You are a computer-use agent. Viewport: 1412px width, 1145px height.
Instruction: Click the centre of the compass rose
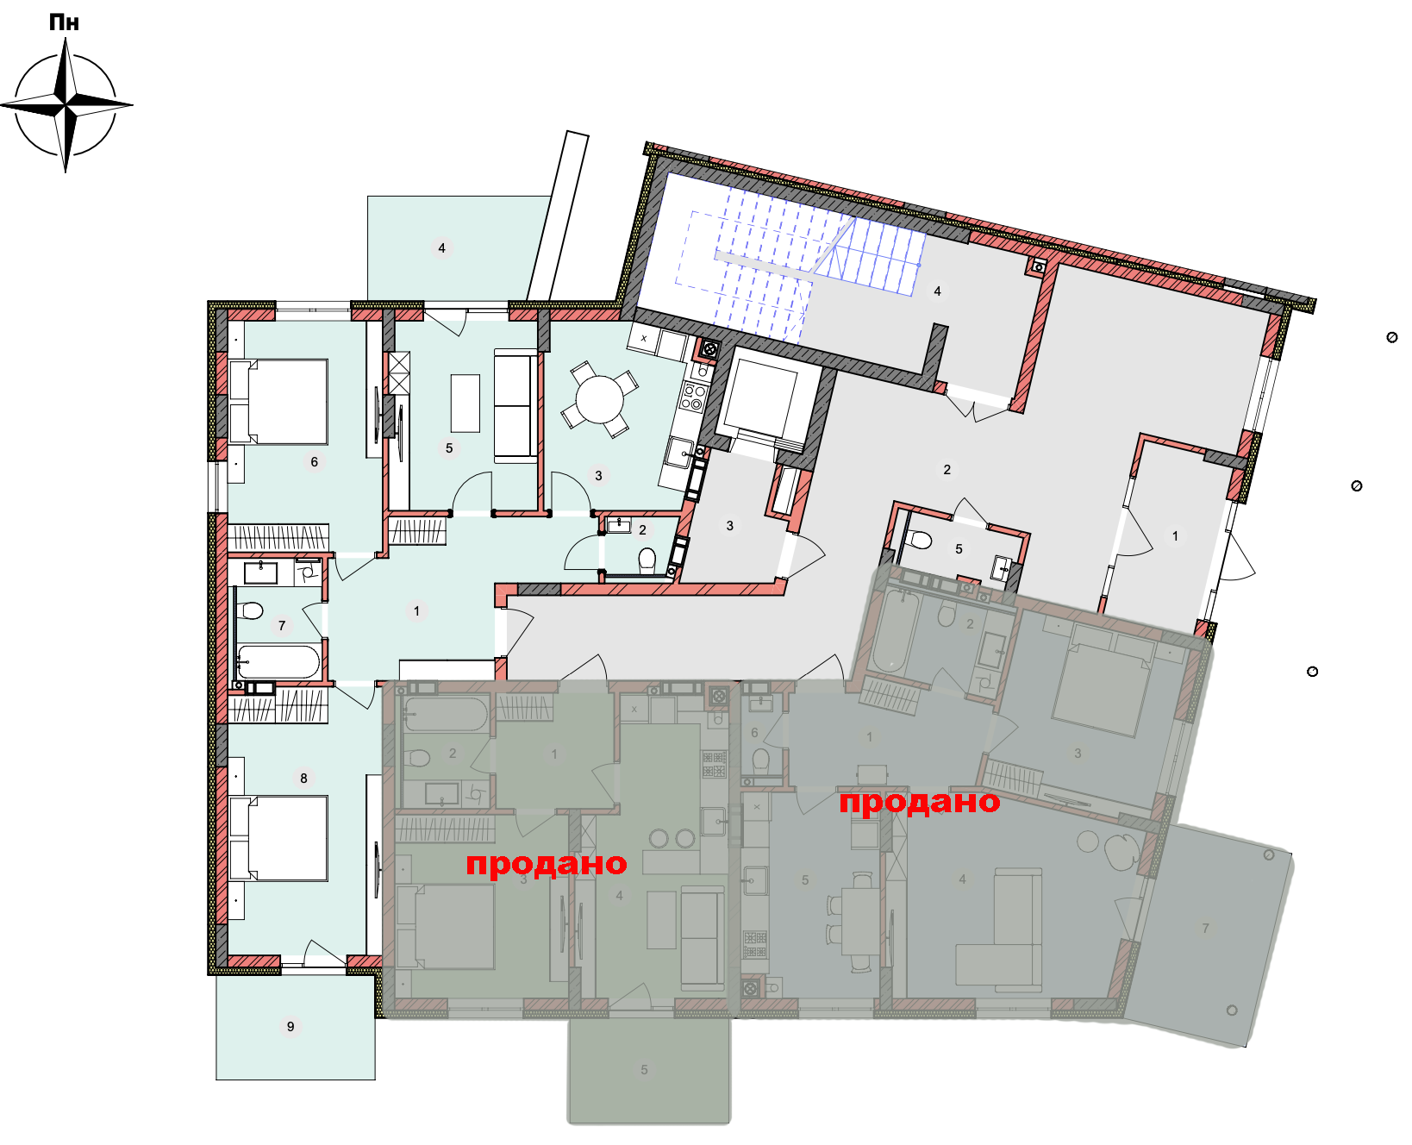click(x=66, y=105)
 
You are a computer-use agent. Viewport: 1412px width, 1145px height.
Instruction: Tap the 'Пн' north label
click(x=65, y=22)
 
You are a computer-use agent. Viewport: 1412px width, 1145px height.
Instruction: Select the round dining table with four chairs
click(x=600, y=399)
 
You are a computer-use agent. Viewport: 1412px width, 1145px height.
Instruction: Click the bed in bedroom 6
click(x=278, y=403)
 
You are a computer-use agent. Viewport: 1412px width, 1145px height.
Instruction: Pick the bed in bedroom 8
click(x=278, y=838)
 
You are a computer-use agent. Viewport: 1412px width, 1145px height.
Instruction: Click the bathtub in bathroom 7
click(x=278, y=662)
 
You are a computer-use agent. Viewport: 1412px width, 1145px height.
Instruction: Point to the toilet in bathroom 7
click(x=249, y=610)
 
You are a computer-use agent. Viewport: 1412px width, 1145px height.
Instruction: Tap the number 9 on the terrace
click(x=291, y=1026)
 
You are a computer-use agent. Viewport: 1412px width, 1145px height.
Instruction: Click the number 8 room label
click(x=303, y=778)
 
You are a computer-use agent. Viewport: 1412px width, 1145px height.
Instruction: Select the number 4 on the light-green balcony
click(x=441, y=248)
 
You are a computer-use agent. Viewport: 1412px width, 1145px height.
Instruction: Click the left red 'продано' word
click(x=547, y=864)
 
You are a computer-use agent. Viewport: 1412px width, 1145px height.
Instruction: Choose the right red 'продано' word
click(x=920, y=802)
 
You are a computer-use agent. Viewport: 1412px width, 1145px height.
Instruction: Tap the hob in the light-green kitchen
click(x=694, y=397)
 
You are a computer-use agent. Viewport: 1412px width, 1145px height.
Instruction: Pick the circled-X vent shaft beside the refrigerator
click(x=709, y=349)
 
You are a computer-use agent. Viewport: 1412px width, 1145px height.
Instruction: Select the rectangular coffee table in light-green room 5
click(x=465, y=403)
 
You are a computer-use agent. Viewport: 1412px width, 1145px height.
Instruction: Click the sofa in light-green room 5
click(x=515, y=405)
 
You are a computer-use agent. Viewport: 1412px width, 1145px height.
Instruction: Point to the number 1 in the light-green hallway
click(x=416, y=610)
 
